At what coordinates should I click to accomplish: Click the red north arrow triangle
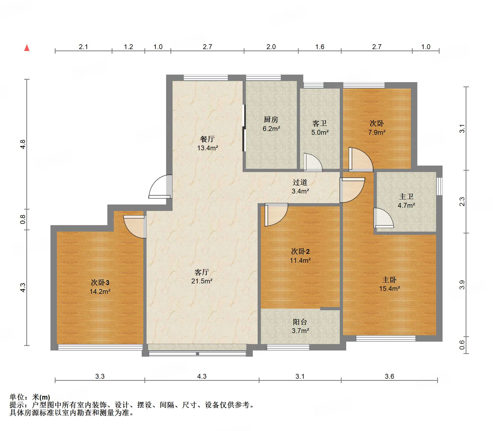pos(27,48)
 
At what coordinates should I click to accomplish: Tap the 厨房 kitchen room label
pos(271,119)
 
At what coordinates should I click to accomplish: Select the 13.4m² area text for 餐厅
pos(207,148)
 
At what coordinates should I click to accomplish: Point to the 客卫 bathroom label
pos(319,123)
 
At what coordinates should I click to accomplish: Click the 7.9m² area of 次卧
pos(377,132)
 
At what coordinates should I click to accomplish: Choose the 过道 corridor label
pos(300,182)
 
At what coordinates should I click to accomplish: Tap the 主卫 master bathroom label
pos(406,197)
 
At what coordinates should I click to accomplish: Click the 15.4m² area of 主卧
pos(389,288)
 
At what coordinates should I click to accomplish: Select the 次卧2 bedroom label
pos(300,251)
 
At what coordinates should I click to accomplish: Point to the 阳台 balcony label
pos(300,322)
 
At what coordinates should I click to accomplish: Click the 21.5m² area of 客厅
pos(202,281)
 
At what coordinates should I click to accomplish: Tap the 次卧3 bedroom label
pos(100,283)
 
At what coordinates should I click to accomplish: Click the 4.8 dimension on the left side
pos(23,144)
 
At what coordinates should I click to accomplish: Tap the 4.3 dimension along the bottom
pos(202,376)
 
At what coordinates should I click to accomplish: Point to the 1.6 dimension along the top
pos(319,47)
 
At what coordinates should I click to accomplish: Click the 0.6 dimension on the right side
pos(462,345)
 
